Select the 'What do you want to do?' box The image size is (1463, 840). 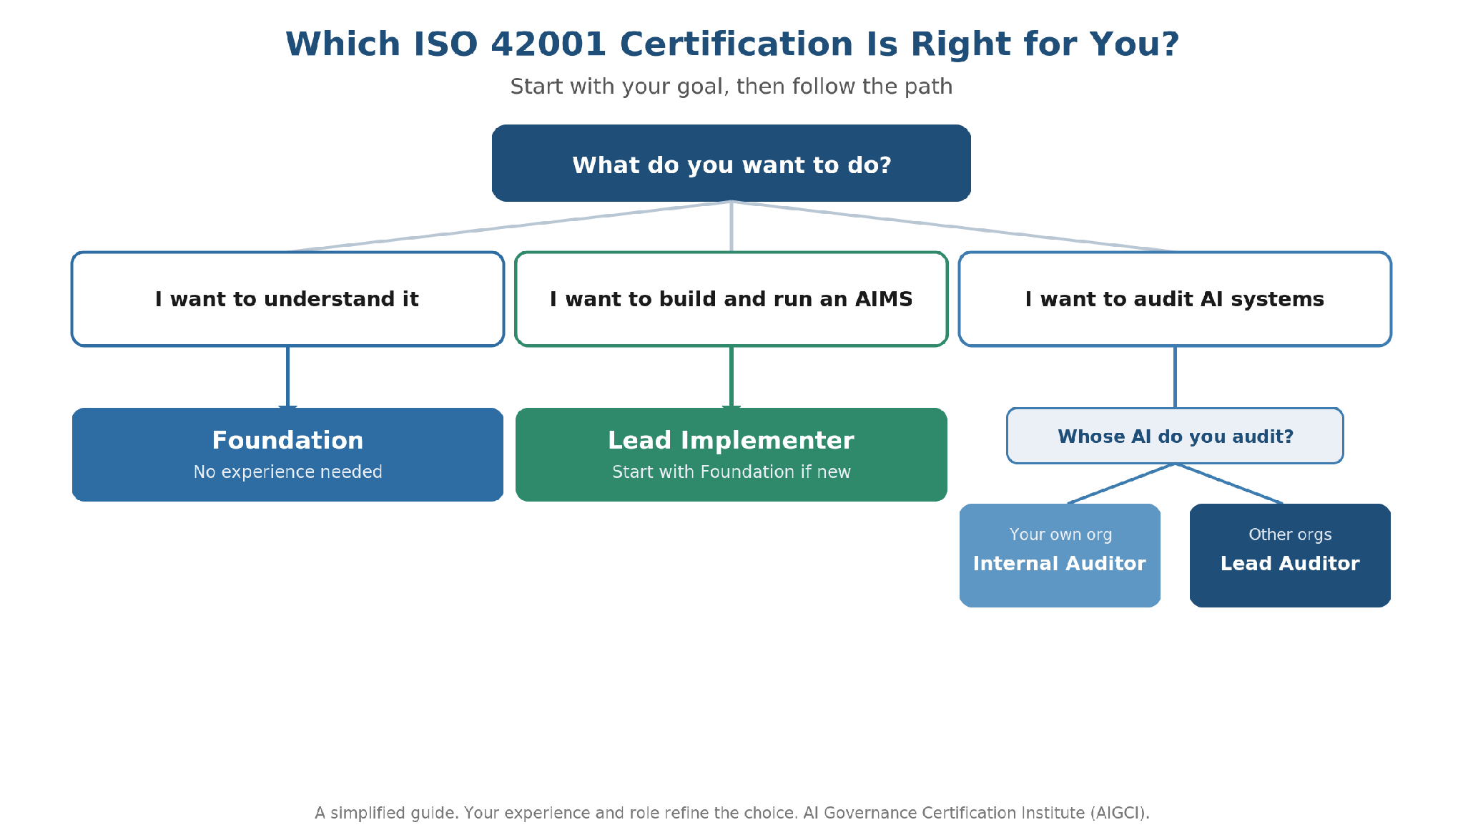pos(731,163)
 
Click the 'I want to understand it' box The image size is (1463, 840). pos(287,299)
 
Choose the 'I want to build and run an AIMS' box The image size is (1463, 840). pos(731,299)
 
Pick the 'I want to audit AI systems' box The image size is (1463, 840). pos(1175,299)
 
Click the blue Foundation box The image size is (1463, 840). pos(287,454)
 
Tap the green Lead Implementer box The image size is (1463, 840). pos(731,454)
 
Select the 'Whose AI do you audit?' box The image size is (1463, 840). pos(1175,436)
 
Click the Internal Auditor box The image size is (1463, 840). pos(1060,555)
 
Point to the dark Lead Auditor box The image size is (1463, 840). pos(1290,555)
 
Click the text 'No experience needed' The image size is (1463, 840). pos(287,472)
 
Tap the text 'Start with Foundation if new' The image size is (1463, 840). pos(731,472)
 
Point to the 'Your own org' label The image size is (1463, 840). pos(1060,534)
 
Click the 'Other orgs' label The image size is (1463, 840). pos(1290,534)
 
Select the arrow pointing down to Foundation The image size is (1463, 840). pos(287,378)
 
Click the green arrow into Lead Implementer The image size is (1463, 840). pos(731,378)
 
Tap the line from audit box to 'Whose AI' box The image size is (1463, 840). pos(1175,377)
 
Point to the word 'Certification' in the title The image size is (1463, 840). pos(737,44)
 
